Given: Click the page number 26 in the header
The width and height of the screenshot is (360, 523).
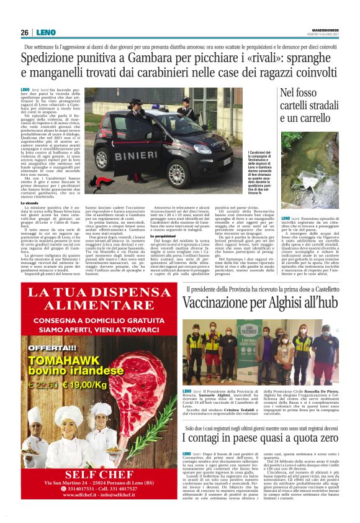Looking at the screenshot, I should [x=25, y=32].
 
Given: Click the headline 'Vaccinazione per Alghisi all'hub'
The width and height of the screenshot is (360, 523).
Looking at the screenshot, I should [x=261, y=303].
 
